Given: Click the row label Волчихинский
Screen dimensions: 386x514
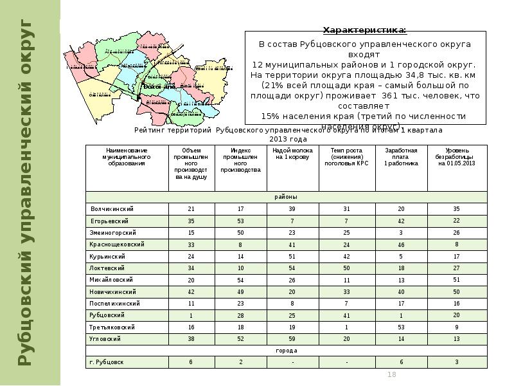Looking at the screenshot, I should (112, 209).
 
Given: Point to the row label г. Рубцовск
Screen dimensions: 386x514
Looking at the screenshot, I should (107, 362).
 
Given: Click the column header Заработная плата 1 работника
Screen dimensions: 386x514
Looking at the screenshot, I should (401, 157).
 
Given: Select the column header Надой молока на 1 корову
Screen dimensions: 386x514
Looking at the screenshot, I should (291, 154).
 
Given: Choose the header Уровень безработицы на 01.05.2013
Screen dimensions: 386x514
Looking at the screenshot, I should (456, 157).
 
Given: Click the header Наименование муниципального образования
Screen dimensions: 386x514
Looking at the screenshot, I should (127, 157).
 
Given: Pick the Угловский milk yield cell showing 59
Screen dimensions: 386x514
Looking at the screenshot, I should (292, 338).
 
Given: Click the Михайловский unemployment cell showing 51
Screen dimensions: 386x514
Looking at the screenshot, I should (456, 280).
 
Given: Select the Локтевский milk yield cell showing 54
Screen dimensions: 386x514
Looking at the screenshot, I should (292, 268).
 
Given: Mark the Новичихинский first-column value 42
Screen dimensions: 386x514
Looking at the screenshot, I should (191, 291).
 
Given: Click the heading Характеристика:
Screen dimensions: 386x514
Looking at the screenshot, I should (364, 30).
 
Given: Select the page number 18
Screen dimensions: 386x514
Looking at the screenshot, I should (392, 375).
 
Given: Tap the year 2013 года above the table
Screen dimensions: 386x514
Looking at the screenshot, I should (288, 139).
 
